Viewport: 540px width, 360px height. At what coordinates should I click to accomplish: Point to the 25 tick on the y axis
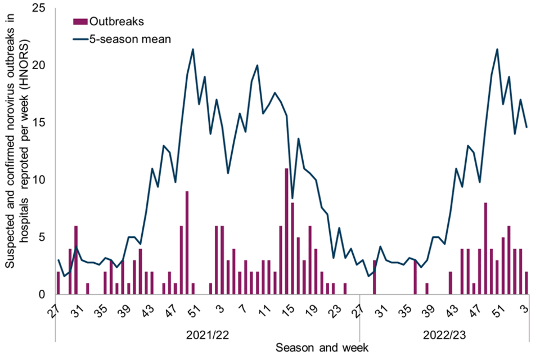[x=39, y=8]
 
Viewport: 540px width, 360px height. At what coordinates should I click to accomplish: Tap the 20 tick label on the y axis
[x=39, y=66]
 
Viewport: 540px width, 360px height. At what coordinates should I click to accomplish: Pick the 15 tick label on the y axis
[x=39, y=123]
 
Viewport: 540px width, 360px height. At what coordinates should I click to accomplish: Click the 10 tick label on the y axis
[x=39, y=181]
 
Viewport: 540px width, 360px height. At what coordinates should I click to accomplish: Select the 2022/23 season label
[x=444, y=335]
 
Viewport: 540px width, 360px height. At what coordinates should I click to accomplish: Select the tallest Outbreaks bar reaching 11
[x=286, y=231]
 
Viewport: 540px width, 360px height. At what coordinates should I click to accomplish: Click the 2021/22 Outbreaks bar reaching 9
[x=187, y=243]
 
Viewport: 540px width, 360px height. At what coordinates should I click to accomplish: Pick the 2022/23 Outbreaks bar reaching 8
[x=485, y=249]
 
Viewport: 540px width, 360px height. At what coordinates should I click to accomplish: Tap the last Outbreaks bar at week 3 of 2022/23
[x=526, y=283]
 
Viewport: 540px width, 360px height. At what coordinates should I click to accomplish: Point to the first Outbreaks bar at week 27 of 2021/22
[x=58, y=283]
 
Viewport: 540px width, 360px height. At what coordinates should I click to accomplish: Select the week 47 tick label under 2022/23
[x=475, y=309]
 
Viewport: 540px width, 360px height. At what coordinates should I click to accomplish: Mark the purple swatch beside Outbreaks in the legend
[x=81, y=21]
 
